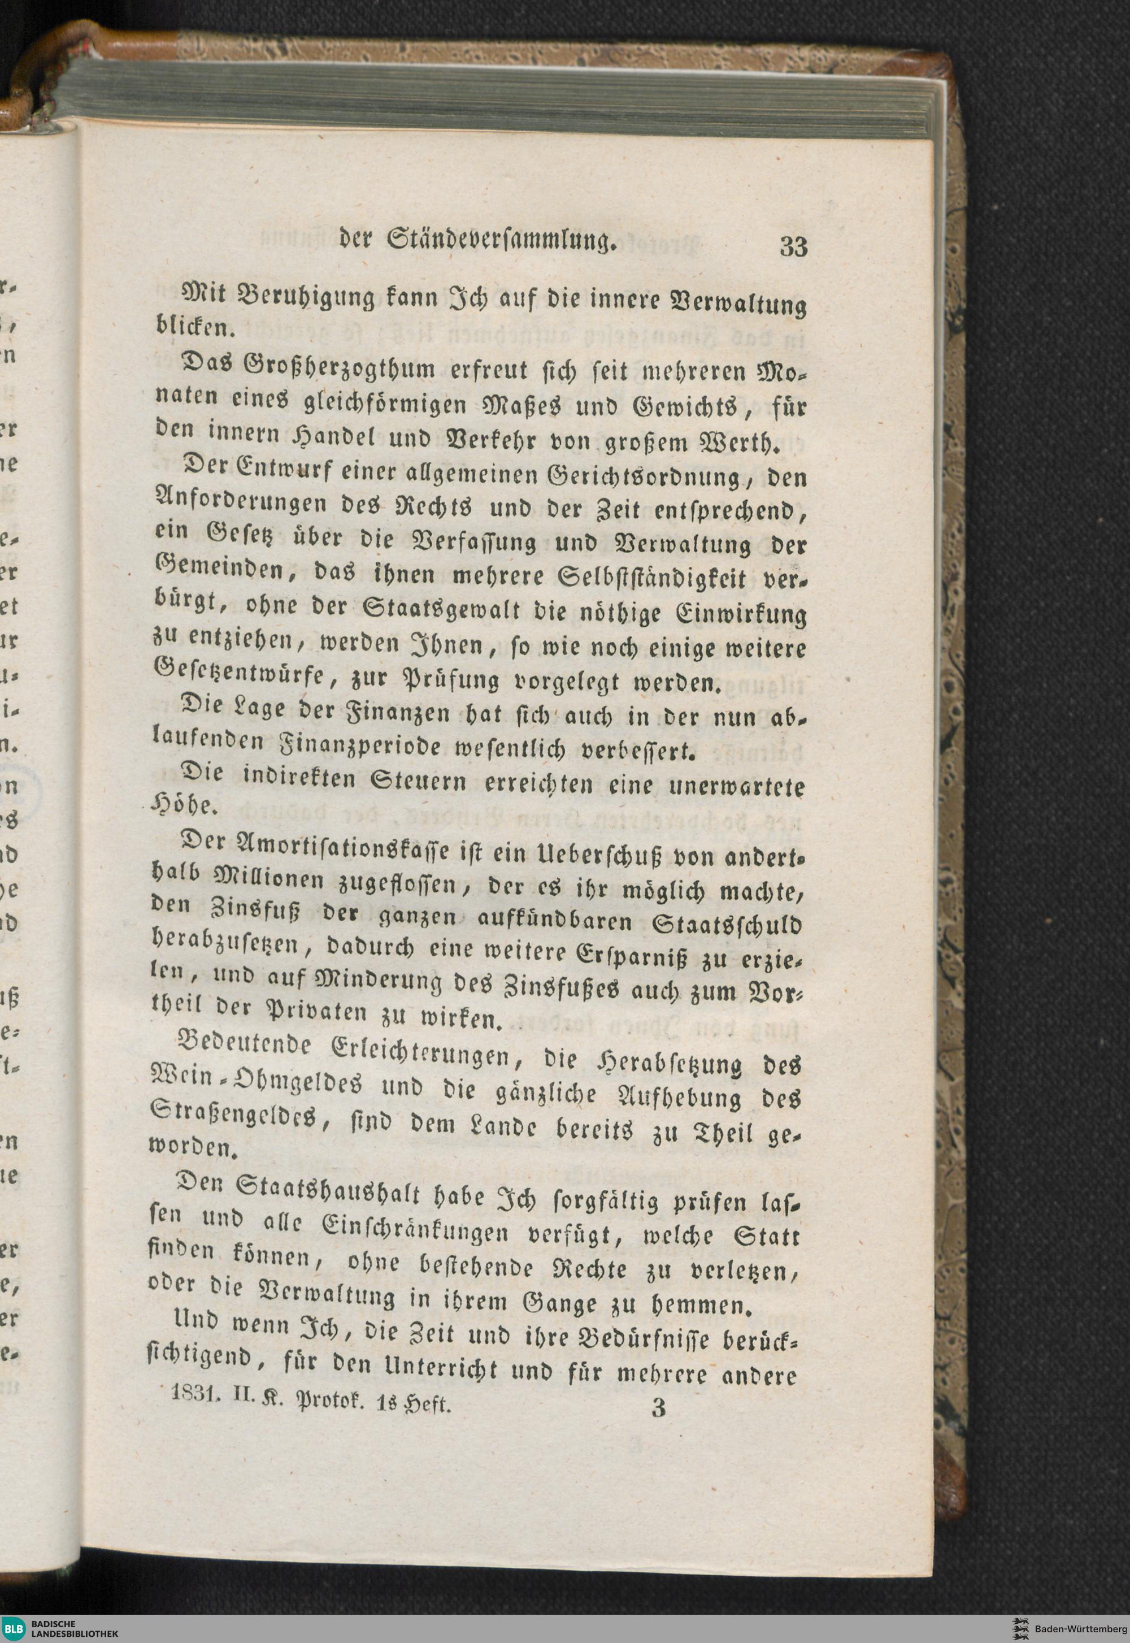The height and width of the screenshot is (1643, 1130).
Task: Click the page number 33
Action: pyautogui.click(x=793, y=246)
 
